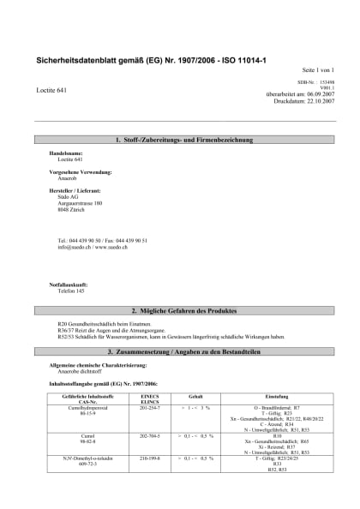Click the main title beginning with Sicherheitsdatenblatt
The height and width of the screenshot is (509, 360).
(150, 61)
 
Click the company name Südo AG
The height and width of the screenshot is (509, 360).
(68, 195)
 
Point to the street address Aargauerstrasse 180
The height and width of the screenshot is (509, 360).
(79, 202)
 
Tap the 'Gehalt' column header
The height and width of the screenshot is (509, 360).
(195, 397)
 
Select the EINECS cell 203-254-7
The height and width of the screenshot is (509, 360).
(148, 408)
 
